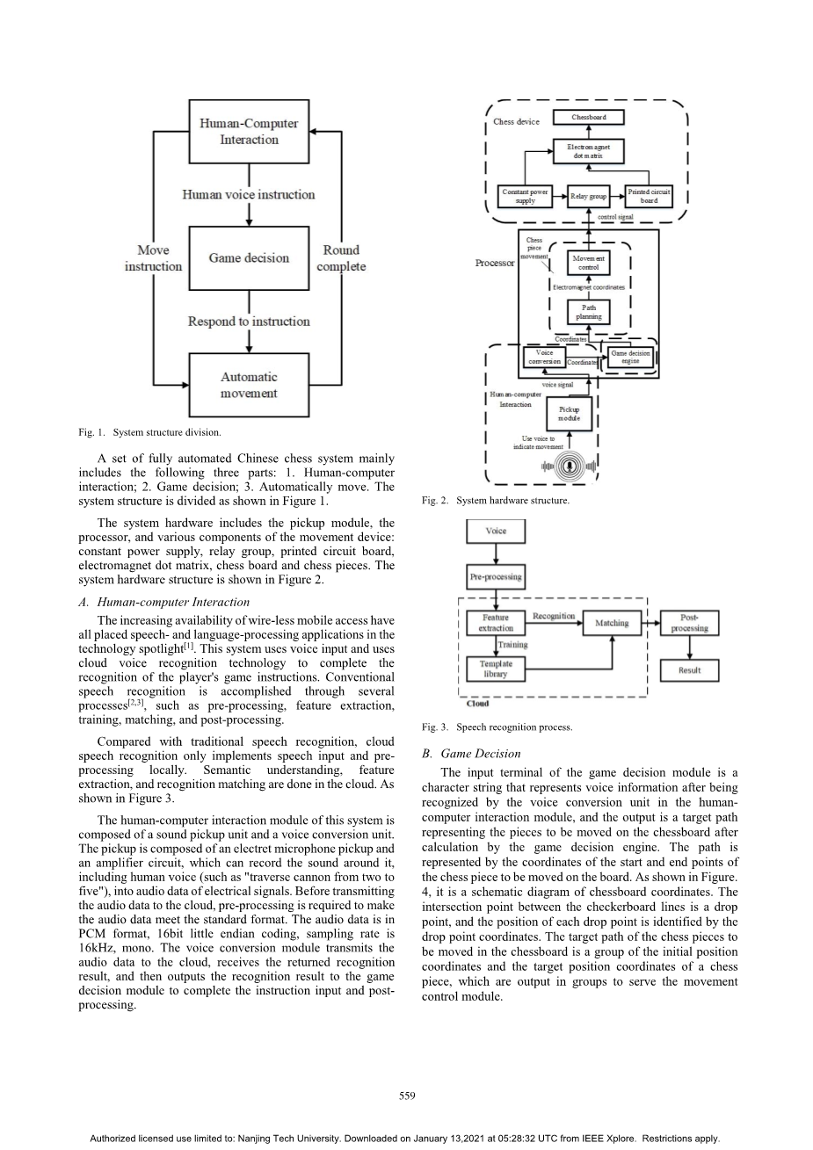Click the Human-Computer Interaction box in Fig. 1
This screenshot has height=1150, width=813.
249,132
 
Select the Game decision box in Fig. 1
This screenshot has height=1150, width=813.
249,257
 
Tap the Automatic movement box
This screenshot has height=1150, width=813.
249,385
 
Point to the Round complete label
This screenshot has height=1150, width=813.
341,257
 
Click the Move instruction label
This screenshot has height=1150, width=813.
153,257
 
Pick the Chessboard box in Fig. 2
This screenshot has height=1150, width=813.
589,117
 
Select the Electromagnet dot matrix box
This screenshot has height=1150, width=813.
588,151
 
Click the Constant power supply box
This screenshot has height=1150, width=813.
525,195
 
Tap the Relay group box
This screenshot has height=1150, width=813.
588,196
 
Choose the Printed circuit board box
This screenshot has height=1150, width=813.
649,195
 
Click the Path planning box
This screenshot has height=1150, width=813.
588,311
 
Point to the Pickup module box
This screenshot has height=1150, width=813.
570,413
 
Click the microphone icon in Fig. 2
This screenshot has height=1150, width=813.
570,467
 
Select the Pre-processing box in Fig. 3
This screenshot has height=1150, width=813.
496,577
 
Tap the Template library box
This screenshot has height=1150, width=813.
496,669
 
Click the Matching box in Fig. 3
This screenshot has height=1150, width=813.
612,623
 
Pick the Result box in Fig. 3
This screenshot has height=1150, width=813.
690,669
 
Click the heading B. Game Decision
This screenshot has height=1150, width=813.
471,753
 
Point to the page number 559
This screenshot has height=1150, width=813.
406,1095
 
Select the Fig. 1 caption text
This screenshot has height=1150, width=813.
149,432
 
